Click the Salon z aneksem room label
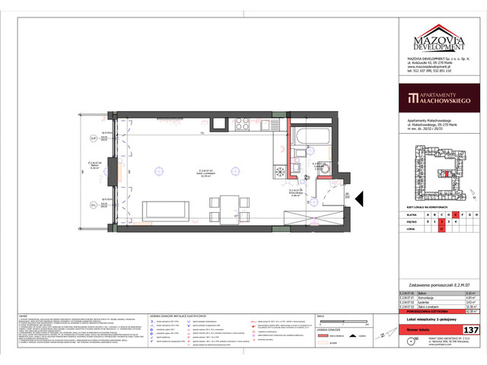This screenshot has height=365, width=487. click(205, 173)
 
